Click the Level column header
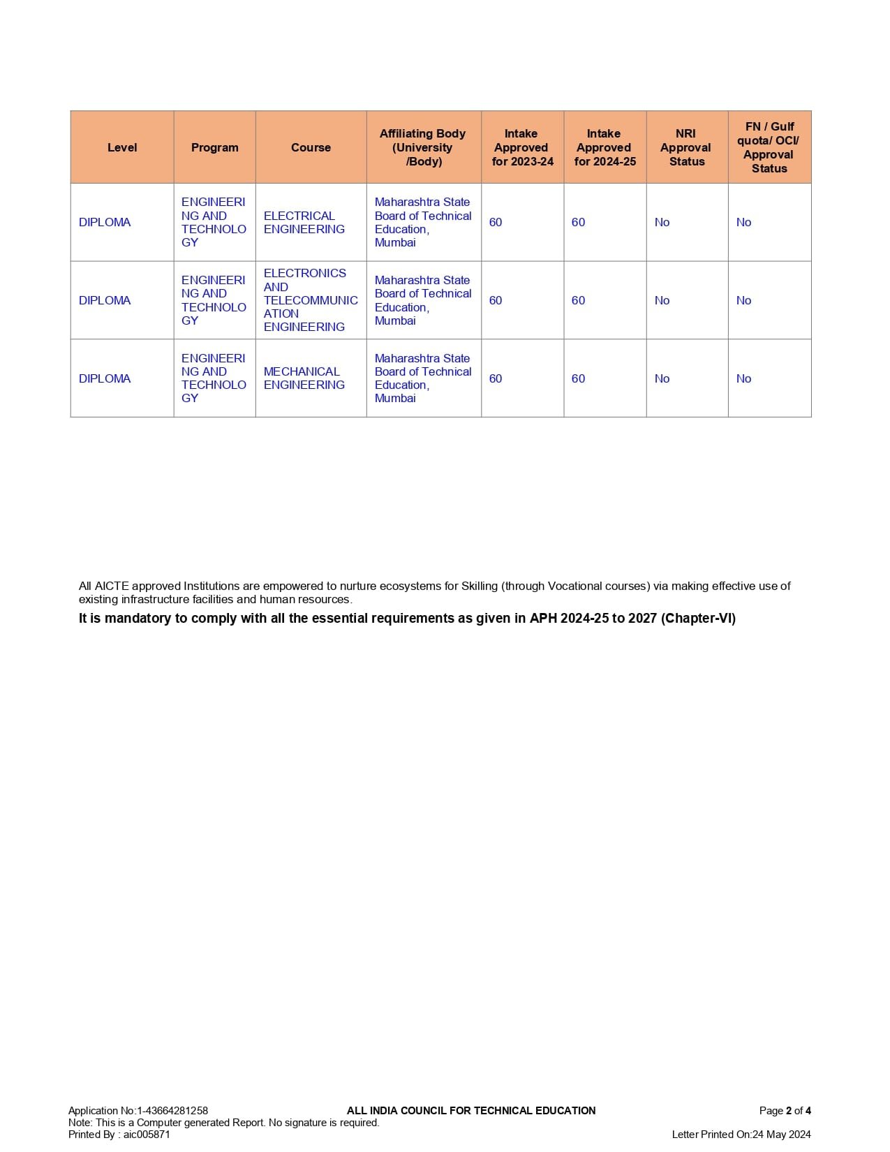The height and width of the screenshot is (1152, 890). click(x=122, y=147)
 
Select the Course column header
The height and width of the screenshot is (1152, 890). click(x=311, y=147)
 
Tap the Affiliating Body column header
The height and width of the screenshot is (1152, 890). click(x=422, y=147)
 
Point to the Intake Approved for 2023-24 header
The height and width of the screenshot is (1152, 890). click(x=522, y=147)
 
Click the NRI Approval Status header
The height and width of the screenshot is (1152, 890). click(x=686, y=147)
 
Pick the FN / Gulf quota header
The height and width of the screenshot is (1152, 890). click(x=769, y=147)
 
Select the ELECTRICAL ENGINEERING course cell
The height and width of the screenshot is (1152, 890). click(x=304, y=222)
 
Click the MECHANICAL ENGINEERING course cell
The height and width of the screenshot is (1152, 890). click(x=304, y=378)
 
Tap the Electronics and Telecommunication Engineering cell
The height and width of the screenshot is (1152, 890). click(x=310, y=300)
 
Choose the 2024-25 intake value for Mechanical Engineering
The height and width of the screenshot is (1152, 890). click(x=578, y=378)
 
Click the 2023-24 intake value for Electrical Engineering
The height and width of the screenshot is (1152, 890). click(x=496, y=222)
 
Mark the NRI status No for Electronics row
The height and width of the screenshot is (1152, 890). click(x=662, y=300)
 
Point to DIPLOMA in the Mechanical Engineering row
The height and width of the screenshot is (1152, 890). click(x=105, y=378)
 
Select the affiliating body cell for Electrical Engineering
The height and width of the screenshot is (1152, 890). click(x=422, y=222)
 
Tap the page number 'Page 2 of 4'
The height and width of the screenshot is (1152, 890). click(x=785, y=1110)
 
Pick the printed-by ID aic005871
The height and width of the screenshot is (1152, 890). click(x=147, y=1134)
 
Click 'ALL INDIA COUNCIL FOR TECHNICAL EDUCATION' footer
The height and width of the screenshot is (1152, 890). click(x=471, y=1110)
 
